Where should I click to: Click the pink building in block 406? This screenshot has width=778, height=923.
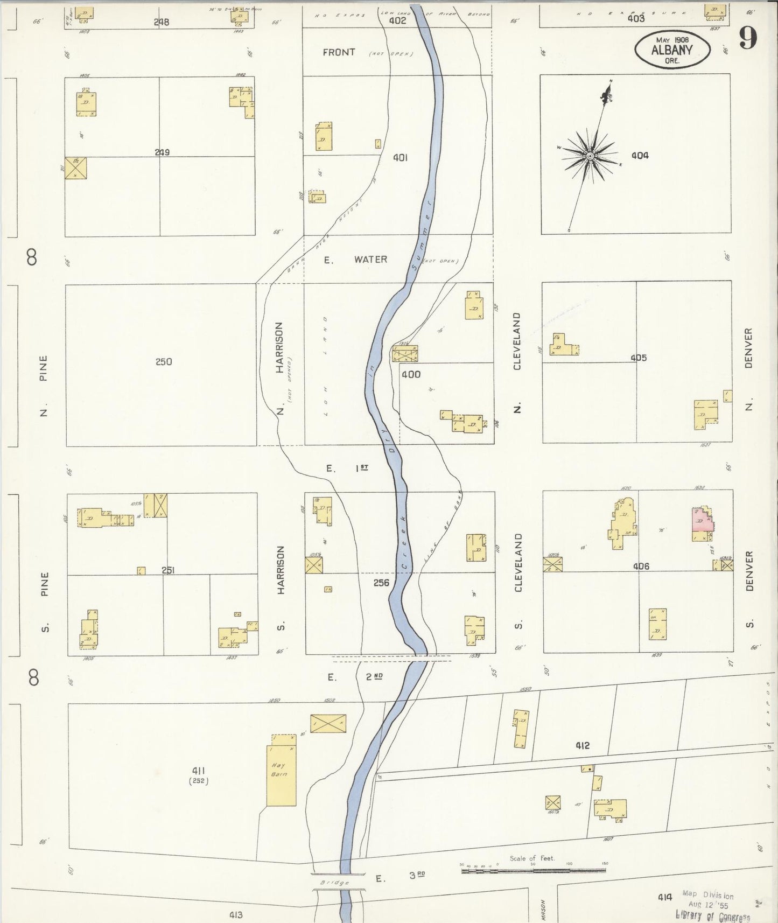pos(702,522)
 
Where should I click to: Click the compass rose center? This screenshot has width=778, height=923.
pos(590,156)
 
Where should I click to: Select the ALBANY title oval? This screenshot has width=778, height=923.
pos(672,50)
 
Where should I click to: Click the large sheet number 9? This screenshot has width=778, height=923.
pos(748,38)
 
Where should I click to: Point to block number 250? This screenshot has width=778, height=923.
pos(164,361)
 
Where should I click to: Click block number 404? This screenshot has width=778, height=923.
pos(640,156)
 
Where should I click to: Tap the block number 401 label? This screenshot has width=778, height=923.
pos(400,158)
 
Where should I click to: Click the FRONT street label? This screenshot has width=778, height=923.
pos(339,52)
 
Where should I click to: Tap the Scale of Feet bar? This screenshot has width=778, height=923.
pos(533,870)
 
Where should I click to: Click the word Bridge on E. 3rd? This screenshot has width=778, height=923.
pos(334,883)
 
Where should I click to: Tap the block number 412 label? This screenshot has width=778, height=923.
pos(582,746)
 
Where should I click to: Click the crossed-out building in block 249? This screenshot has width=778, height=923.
pos(75,168)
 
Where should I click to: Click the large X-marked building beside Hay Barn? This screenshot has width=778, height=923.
pos(328,724)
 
